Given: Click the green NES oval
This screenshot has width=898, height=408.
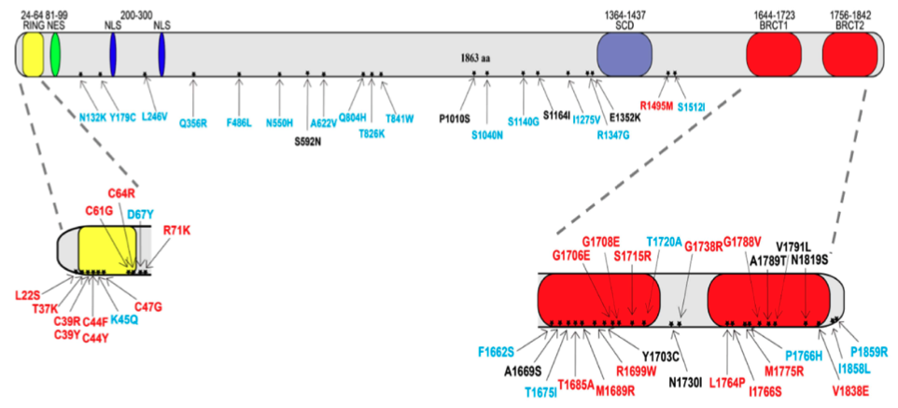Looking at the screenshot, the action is (55, 54).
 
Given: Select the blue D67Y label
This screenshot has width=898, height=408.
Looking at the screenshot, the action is (140, 215).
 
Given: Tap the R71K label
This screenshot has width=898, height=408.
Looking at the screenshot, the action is (176, 231).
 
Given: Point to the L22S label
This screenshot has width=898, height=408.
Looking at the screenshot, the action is (28, 297).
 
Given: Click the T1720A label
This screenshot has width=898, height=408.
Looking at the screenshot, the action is (665, 241).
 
